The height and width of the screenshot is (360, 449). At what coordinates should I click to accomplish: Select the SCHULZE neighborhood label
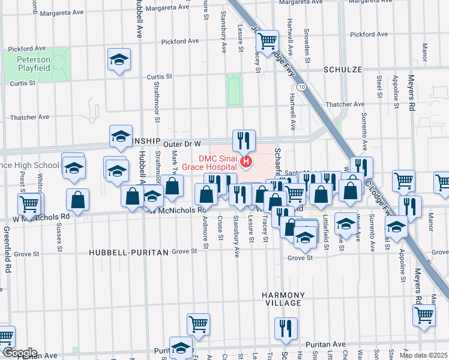343,70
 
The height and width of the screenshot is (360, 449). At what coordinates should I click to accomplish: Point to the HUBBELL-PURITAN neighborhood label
128,253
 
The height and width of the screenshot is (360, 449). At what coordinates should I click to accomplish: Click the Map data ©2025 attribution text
423,355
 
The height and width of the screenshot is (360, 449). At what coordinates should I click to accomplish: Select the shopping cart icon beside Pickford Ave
267,41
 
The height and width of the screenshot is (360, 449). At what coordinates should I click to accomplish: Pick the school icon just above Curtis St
119,60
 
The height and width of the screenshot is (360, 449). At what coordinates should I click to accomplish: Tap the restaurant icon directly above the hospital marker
244,141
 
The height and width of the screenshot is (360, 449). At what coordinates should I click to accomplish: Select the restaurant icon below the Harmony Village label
286,328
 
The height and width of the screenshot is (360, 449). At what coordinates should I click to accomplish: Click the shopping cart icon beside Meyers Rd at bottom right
424,315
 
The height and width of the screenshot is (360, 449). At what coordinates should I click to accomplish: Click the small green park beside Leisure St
234,91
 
